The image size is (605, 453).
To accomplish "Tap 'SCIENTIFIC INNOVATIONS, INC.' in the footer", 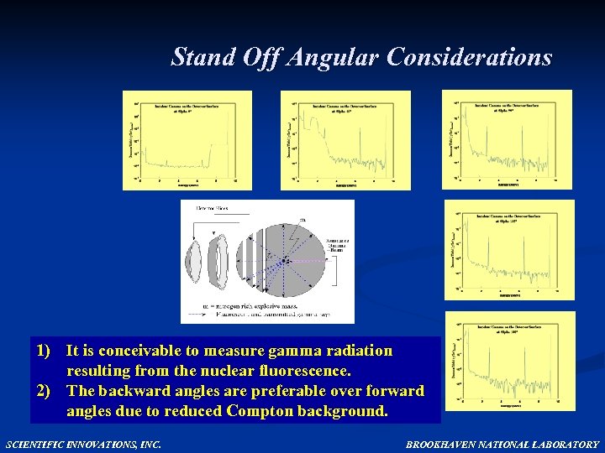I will click(x=83, y=444).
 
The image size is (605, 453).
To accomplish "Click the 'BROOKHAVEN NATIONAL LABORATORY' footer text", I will click(x=502, y=444).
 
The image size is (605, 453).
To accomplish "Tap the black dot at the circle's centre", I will click(x=287, y=261).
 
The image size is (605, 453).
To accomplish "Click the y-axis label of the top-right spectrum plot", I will click(x=450, y=138).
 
